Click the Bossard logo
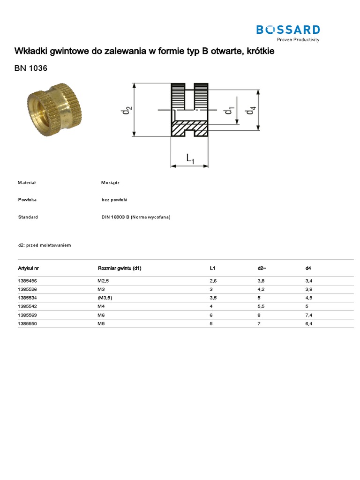[x=288, y=33]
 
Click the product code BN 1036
[x=30, y=68]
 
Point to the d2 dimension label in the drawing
[x=127, y=110]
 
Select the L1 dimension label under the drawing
[x=190, y=158]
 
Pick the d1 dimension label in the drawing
[x=229, y=110]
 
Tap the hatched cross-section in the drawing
[x=189, y=128]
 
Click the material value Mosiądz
[x=110, y=183]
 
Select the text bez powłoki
[x=114, y=200]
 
